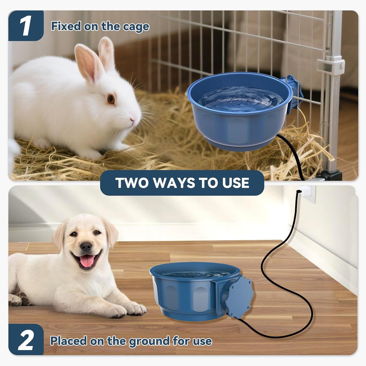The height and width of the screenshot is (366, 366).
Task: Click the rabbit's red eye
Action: [111, 99]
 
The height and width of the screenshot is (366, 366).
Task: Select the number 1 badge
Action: [26, 26]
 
